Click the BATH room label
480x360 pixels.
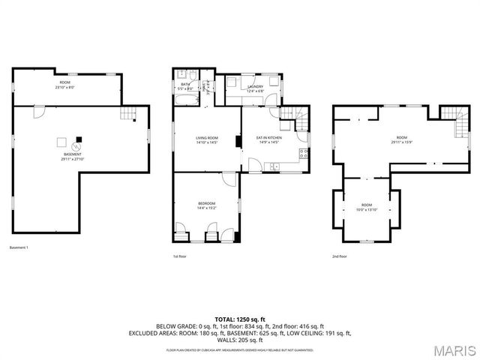(x=184, y=84)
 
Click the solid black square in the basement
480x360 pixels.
(x=78, y=139)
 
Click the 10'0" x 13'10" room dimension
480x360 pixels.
(x=366, y=209)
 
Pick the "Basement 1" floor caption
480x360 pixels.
(x=19, y=248)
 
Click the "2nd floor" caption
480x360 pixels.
(x=340, y=256)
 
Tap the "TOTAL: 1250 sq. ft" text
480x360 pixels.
(x=239, y=319)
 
